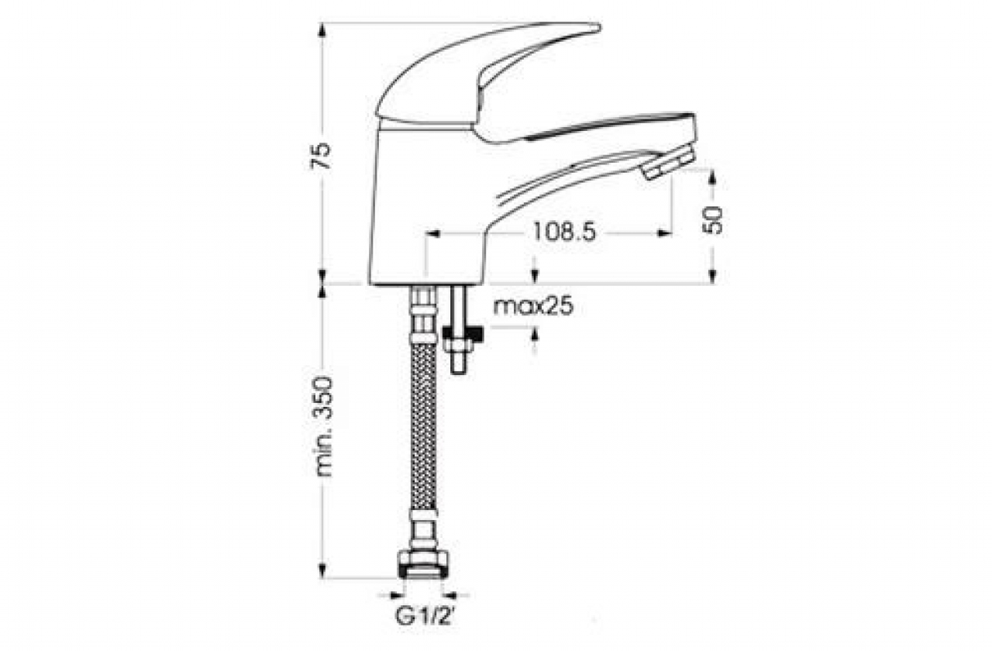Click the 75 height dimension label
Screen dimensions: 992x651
[321, 156]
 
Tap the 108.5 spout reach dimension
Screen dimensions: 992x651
[564, 232]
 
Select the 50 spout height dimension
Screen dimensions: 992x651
[712, 220]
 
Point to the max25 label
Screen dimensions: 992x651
[533, 306]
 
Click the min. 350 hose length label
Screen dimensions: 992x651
[322, 426]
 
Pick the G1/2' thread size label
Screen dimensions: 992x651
[424, 616]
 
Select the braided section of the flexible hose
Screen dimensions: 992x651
[424, 426]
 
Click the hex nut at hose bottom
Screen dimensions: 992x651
[423, 564]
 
